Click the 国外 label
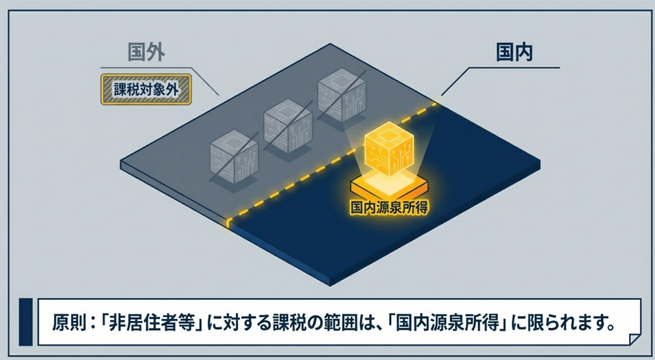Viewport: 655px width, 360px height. [x=146, y=52]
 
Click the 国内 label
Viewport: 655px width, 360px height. [x=515, y=52]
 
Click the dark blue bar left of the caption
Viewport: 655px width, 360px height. [x=26, y=321]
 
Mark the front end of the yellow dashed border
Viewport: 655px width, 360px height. [x=228, y=221]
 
